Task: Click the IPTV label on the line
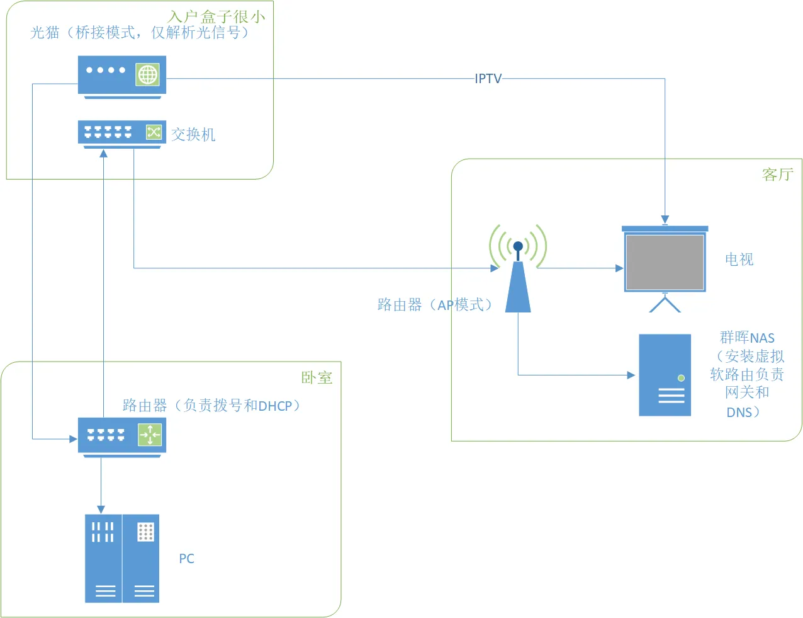(x=488, y=79)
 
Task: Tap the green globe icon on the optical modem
(x=148, y=75)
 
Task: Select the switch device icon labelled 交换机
(x=122, y=133)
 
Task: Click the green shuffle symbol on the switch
(x=154, y=132)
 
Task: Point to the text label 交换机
(x=193, y=134)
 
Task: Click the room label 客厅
(x=777, y=175)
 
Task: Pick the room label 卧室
(x=317, y=377)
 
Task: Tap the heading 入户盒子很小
(x=216, y=17)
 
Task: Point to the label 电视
(x=739, y=259)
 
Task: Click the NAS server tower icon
(x=665, y=375)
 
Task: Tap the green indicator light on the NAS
(x=681, y=378)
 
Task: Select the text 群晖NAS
(x=747, y=338)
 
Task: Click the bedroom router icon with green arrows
(x=122, y=435)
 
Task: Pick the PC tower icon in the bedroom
(x=122, y=559)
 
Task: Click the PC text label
(x=186, y=559)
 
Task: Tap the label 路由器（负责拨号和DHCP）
(x=211, y=405)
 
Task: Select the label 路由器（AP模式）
(x=434, y=305)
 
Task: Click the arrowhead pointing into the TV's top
(x=665, y=220)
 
